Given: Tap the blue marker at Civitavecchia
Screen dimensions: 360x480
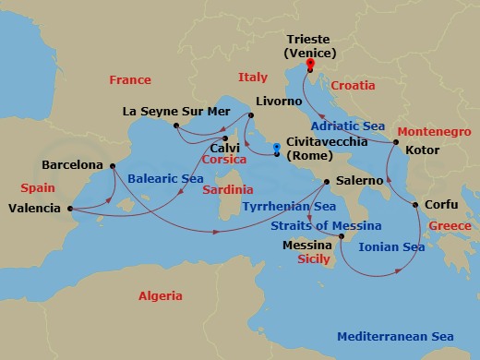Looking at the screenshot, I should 277,146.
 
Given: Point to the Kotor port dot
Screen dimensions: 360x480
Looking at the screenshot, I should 395,144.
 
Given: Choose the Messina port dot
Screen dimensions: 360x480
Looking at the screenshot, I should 340,238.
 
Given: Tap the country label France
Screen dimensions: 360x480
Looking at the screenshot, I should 129,80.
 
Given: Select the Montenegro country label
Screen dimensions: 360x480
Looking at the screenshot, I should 436,132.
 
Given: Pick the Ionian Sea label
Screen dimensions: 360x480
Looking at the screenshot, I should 393,247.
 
